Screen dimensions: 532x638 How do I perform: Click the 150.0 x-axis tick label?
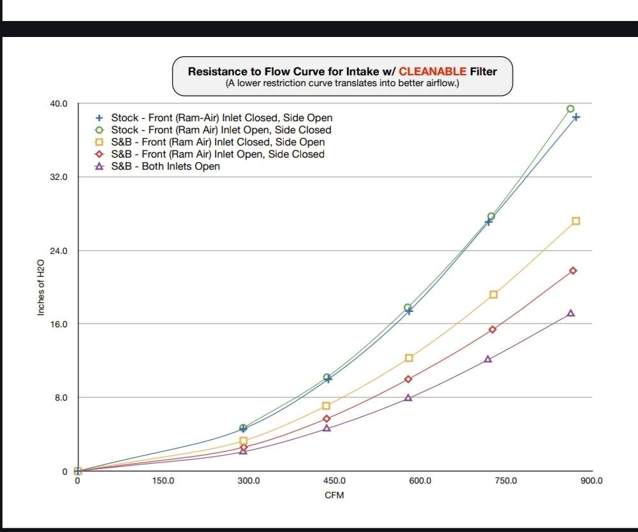coord(163,480)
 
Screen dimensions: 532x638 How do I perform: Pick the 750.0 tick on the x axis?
coord(506,480)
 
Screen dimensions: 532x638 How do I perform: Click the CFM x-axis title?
coord(334,496)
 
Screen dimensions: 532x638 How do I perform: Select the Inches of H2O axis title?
coord(41,287)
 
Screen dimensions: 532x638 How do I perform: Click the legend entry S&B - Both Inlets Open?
coord(165,166)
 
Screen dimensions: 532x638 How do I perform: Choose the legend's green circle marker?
coord(99,130)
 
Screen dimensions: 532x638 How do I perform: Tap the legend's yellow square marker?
coord(99,142)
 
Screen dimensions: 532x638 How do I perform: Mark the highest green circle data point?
coord(570,109)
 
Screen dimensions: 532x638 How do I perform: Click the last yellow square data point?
coord(575,221)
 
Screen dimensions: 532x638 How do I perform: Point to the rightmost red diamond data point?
coord(573,270)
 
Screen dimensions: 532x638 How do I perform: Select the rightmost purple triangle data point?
coord(570,313)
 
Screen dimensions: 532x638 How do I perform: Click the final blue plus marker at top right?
coord(575,117)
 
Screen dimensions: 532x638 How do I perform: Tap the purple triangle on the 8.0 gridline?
coord(408,397)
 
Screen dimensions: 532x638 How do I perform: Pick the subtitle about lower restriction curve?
coord(342,84)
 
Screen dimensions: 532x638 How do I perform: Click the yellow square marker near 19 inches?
coord(493,294)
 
